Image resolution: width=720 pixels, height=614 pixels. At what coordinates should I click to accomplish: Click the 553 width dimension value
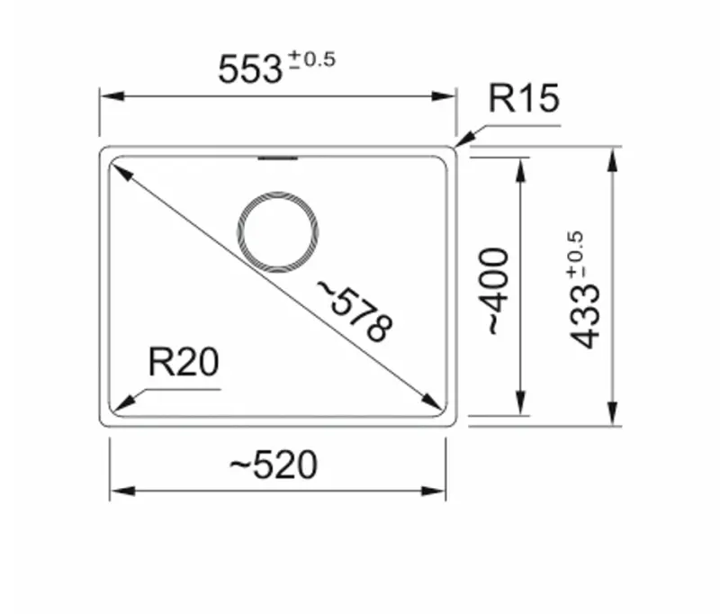[250, 69]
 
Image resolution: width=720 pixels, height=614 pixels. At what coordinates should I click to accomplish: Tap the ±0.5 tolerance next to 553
[311, 61]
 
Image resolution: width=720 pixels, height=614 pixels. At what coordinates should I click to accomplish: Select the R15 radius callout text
[524, 99]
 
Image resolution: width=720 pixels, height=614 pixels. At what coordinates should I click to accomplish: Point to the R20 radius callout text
[183, 363]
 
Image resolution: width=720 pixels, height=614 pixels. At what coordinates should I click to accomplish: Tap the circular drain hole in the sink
[277, 230]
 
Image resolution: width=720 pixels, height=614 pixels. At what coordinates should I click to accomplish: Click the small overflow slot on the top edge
[277, 159]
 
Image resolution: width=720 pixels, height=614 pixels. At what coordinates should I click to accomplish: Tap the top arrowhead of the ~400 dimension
[520, 163]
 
